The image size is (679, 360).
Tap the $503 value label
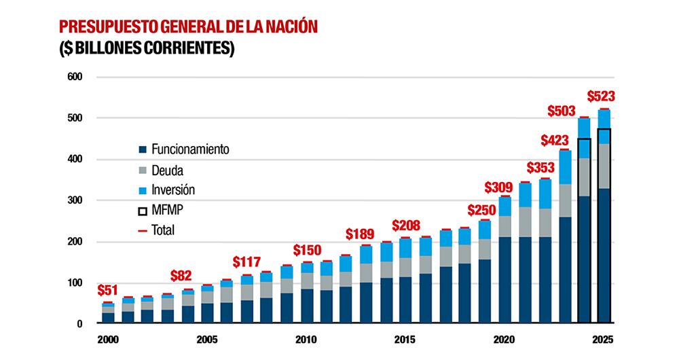tap(561, 111)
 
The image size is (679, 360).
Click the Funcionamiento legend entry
tap(183, 149)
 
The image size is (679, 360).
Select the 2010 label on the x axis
tap(306, 339)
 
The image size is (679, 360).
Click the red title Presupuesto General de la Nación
tap(189, 27)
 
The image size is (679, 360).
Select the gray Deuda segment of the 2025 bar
tap(604, 166)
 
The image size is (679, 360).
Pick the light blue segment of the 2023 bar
tap(564, 167)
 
